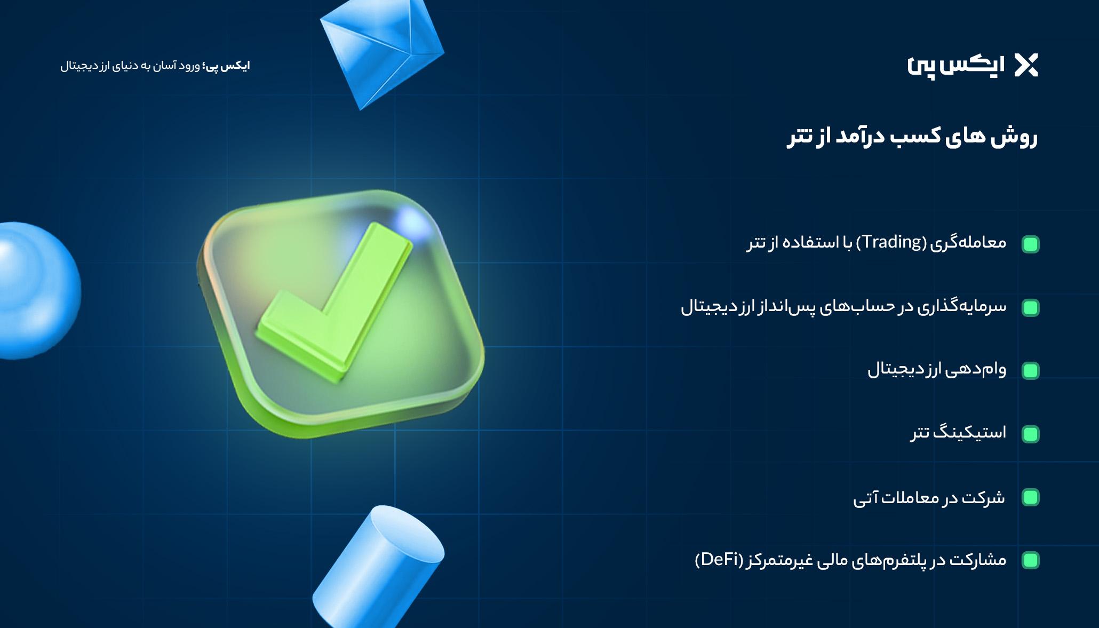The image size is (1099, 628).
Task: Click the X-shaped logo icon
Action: click(x=1026, y=66)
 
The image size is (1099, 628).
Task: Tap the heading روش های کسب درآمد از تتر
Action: click(x=912, y=137)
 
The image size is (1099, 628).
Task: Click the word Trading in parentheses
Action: click(x=892, y=242)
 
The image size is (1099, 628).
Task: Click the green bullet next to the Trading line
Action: click(x=1030, y=244)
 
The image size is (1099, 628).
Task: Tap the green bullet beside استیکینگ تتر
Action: click(x=1030, y=434)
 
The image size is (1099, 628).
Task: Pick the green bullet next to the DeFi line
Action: click(x=1030, y=560)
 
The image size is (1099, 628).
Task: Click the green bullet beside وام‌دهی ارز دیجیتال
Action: click(x=1030, y=371)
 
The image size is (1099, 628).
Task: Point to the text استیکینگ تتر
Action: click(x=958, y=432)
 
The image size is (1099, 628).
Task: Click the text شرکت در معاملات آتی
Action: click(x=929, y=497)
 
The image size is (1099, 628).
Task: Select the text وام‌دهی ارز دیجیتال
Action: click(x=937, y=369)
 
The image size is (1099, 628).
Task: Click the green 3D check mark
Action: click(x=335, y=301)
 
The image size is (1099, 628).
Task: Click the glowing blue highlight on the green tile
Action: click(x=411, y=222)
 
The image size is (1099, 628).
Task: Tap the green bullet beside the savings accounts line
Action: click(x=1030, y=308)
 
